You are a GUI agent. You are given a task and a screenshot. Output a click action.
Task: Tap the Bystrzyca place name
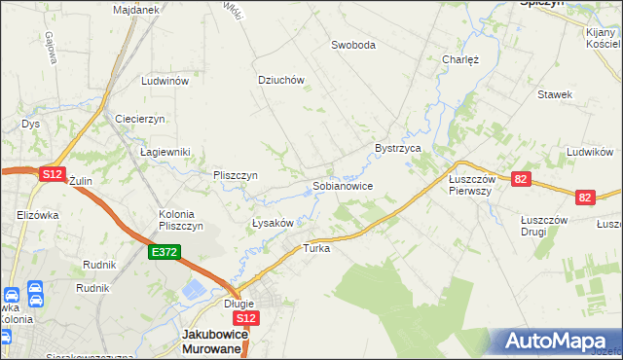397,148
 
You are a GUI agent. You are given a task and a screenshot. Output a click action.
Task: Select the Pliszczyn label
235,175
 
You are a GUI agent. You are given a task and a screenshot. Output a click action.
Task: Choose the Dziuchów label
281,81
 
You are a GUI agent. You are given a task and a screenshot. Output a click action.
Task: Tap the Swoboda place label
352,45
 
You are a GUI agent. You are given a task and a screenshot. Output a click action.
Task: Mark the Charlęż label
460,58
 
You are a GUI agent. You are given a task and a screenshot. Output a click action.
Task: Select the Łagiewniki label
165,152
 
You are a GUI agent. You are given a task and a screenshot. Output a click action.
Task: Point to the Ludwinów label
164,82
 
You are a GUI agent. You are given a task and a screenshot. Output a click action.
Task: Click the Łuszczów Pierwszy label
471,185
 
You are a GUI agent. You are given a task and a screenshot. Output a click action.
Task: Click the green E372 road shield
163,252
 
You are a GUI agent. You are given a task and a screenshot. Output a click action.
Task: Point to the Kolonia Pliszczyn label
180,220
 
